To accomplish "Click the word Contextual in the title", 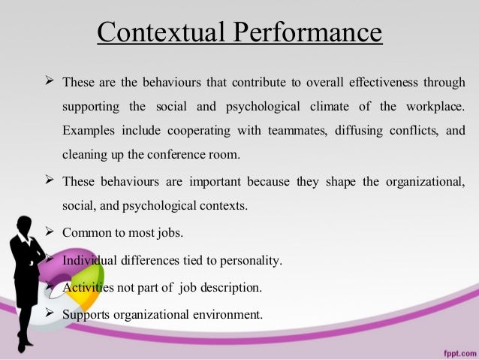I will click(x=154, y=34).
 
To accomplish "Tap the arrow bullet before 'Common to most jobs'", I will click(x=50, y=232).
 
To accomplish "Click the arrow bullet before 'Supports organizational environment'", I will click(x=50, y=313).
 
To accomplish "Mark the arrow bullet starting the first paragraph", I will click(x=50, y=80).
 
